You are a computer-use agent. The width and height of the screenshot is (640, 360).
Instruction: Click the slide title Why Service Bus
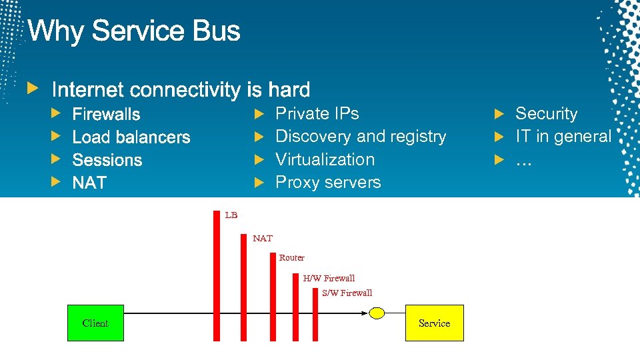133,31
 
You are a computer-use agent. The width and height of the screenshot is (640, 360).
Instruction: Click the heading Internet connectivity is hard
181,89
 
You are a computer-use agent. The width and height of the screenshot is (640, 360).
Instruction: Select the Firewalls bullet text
106,114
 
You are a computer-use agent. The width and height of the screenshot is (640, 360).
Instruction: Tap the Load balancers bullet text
131,137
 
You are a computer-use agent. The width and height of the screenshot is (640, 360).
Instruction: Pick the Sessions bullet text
107,160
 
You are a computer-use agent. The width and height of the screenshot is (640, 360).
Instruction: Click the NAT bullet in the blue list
89,183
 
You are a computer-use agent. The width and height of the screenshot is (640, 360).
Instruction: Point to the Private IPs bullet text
317,114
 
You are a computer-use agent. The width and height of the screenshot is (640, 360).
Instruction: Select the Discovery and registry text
360,137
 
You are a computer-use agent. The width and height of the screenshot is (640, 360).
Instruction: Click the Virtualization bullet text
325,159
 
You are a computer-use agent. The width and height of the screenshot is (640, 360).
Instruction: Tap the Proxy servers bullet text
328,182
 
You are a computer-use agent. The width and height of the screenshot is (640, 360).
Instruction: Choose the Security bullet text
546,114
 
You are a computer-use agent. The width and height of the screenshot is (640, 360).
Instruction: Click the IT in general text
563,137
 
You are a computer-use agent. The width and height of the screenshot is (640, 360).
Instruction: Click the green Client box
95,323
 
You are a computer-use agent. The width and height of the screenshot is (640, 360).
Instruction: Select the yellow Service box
434,323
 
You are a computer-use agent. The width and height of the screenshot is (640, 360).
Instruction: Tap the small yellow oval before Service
377,313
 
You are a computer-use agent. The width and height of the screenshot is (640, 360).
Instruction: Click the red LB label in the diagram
231,215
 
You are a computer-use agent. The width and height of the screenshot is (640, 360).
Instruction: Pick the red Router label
291,257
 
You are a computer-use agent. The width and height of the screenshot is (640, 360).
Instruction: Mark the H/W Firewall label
329,278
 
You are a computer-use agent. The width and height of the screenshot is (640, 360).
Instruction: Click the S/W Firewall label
347,293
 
